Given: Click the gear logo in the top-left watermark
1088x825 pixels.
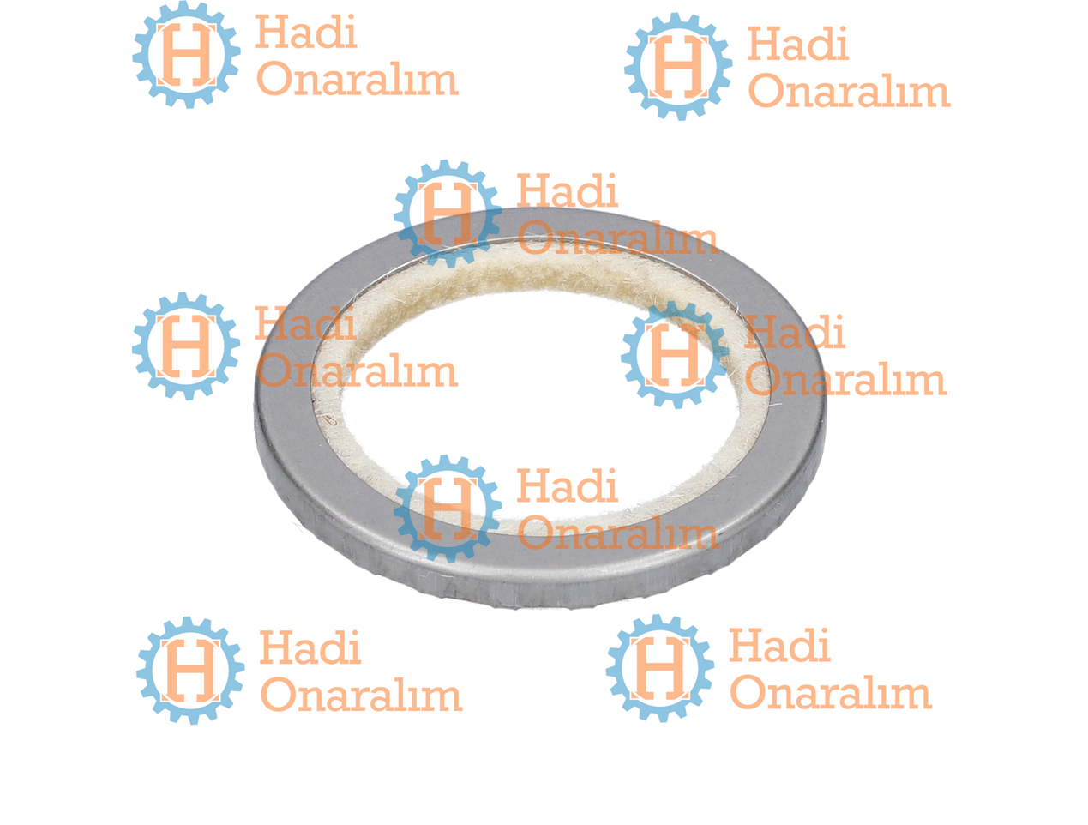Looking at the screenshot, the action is (x=186, y=55).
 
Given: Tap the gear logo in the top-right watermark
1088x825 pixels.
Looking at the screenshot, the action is (x=678, y=66).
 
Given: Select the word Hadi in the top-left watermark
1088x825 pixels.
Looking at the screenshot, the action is (x=306, y=32).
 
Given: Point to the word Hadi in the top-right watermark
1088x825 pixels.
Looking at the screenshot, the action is (x=798, y=44).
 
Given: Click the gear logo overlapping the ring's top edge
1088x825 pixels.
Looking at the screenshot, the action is (x=448, y=214).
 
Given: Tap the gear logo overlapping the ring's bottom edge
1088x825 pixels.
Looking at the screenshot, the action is (x=448, y=509).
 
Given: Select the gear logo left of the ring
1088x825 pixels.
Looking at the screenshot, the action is (x=186, y=346).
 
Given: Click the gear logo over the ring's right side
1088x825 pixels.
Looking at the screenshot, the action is (x=675, y=354).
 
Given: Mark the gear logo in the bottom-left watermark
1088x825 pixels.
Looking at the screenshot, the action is (x=190, y=671).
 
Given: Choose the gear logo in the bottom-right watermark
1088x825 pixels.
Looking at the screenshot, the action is (x=660, y=668).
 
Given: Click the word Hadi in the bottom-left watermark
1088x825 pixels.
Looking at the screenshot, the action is (x=310, y=647).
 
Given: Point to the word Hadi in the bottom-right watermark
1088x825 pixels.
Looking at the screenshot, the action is (x=779, y=645).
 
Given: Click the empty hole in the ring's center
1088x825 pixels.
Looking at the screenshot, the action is (x=540, y=401).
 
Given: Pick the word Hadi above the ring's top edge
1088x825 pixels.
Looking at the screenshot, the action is (x=568, y=190).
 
